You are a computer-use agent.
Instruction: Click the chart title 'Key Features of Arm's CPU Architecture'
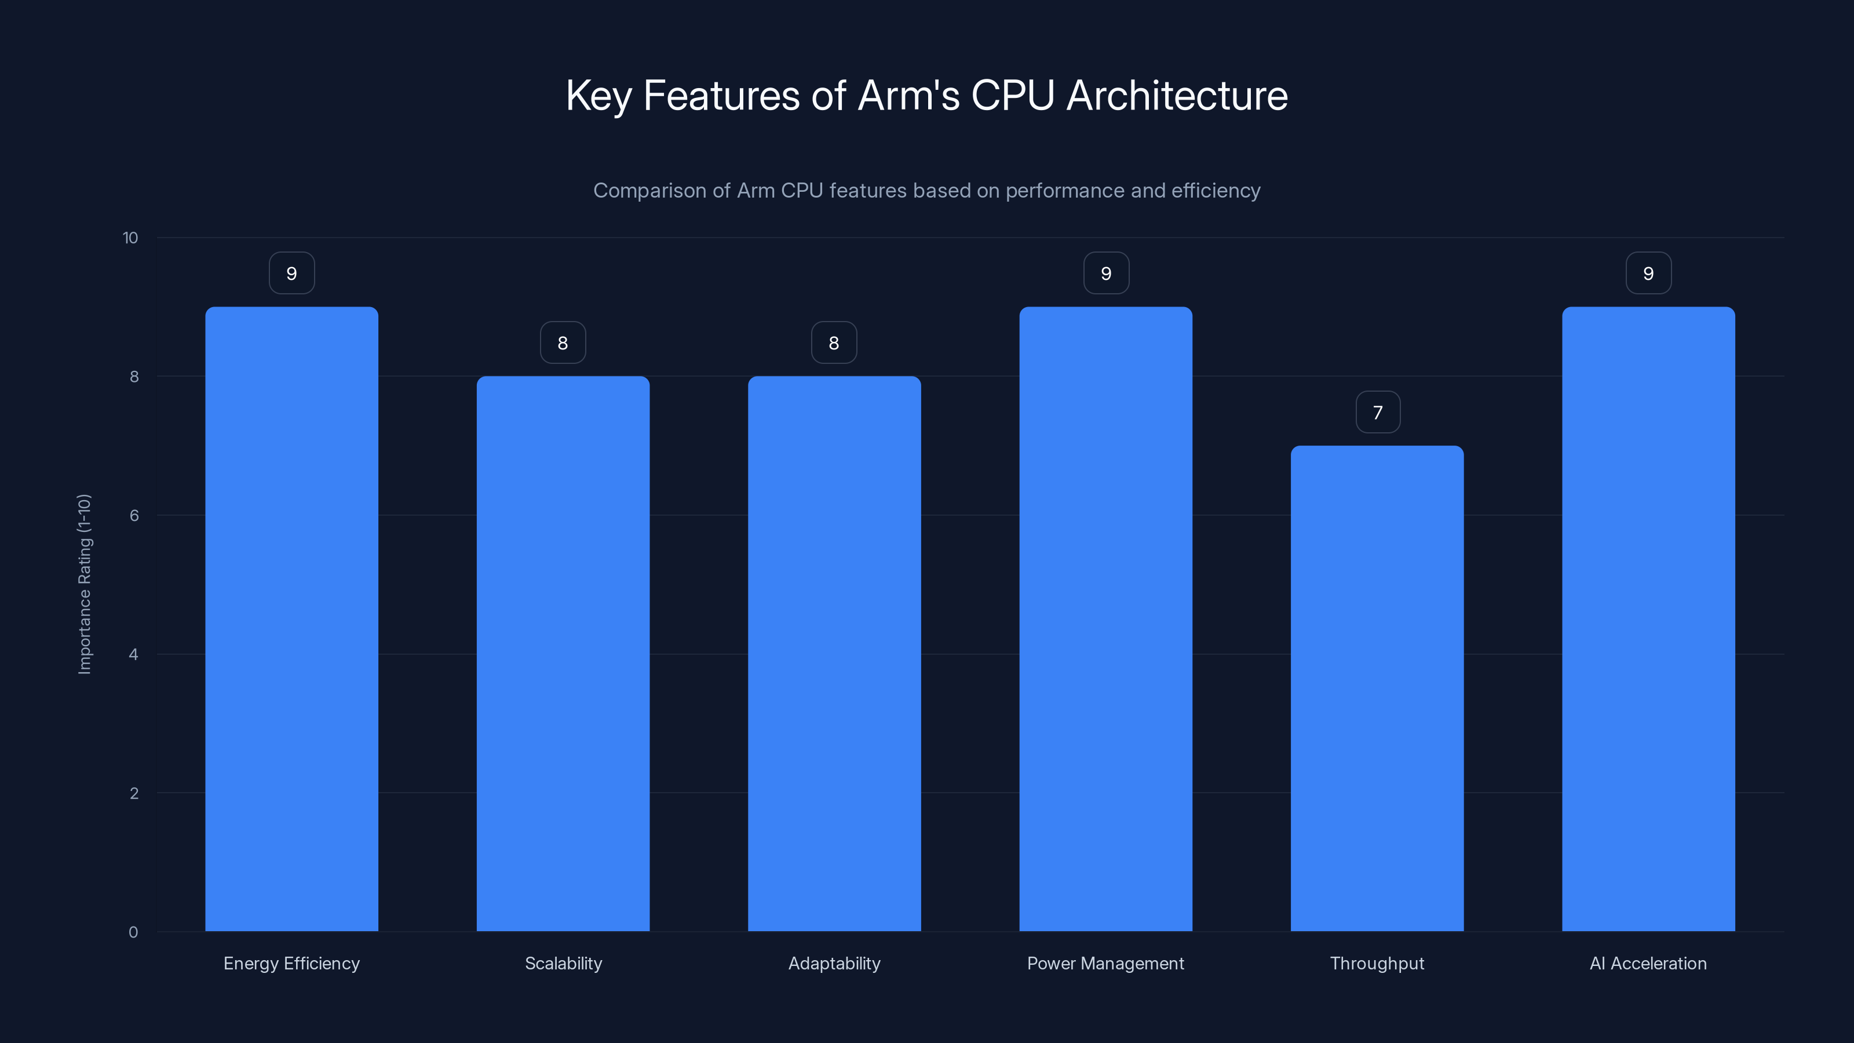pyautogui.click(x=926, y=96)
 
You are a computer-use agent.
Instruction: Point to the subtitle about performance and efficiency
pyautogui.click(x=926, y=191)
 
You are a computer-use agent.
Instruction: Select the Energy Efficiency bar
pyautogui.click(x=291, y=619)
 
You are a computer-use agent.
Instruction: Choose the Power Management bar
pyautogui.click(x=1105, y=619)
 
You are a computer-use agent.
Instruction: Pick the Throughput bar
pyautogui.click(x=1377, y=688)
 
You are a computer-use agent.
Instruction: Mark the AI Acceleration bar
pyautogui.click(x=1648, y=619)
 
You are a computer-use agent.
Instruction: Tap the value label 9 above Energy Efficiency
pyautogui.click(x=291, y=273)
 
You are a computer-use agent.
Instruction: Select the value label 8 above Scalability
pyautogui.click(x=563, y=344)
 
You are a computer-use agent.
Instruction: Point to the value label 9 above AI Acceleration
pyautogui.click(x=1648, y=273)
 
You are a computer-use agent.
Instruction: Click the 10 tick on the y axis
pyautogui.click(x=130, y=238)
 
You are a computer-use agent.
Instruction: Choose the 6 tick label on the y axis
pyautogui.click(x=134, y=515)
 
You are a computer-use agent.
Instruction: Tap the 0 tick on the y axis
pyautogui.click(x=133, y=932)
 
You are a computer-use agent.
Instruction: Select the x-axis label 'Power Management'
pyautogui.click(x=1105, y=963)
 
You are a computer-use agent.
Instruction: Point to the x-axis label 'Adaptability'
pyautogui.click(x=834, y=963)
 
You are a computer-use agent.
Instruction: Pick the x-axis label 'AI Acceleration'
pyautogui.click(x=1648, y=963)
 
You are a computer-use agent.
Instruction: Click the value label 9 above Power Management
pyautogui.click(x=1106, y=273)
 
